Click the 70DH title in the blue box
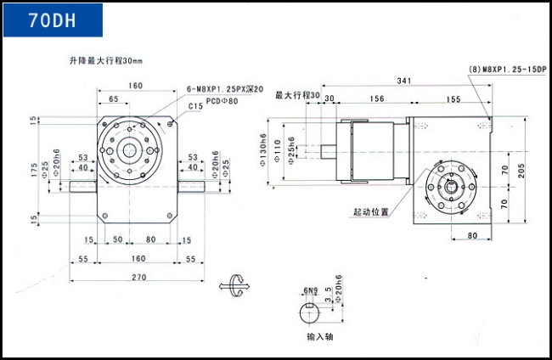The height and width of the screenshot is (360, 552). pos(52,20)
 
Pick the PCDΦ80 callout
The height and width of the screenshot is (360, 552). pos(222,99)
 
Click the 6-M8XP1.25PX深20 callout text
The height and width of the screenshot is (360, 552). pos(224,88)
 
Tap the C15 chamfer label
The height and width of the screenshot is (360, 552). pos(195,107)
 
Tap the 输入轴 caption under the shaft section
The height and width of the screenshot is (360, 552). pos(317,337)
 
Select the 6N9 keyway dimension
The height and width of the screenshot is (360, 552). pos(309,291)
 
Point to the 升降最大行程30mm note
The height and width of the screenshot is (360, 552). pos(106,61)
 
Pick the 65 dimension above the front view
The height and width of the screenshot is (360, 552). pos(113,100)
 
